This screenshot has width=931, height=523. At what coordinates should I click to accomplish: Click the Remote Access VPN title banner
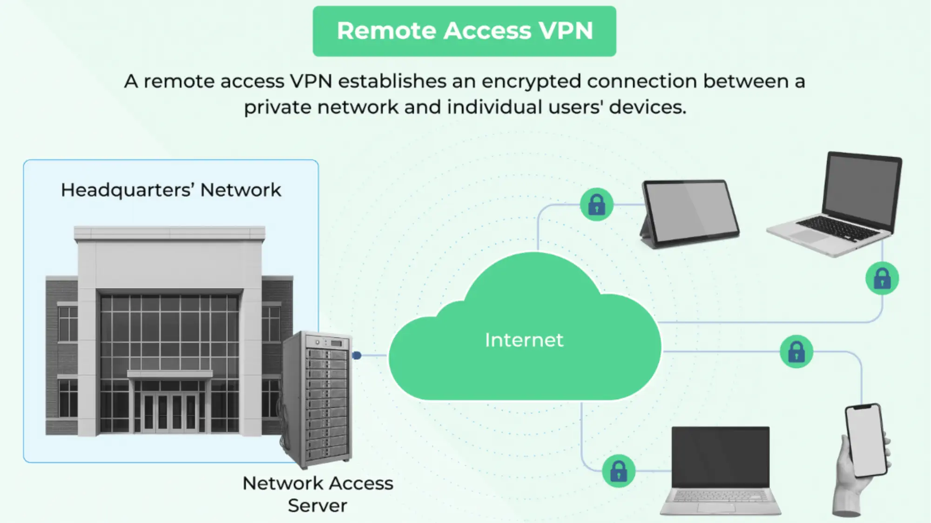464,31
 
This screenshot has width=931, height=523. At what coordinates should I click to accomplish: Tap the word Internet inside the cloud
524,340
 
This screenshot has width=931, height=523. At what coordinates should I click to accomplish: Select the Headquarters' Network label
171,190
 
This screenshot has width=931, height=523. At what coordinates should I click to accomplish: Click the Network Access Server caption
317,494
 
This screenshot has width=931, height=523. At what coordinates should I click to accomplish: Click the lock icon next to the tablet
596,204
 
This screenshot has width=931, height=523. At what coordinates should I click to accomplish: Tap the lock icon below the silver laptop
882,278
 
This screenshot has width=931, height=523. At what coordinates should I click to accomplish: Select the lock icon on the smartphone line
796,351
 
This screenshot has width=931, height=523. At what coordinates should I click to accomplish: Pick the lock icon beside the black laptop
618,470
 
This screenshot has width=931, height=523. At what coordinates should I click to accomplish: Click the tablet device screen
690,212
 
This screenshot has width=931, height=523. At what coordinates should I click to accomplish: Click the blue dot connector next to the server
357,355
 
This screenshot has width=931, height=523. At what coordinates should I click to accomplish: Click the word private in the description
277,107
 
